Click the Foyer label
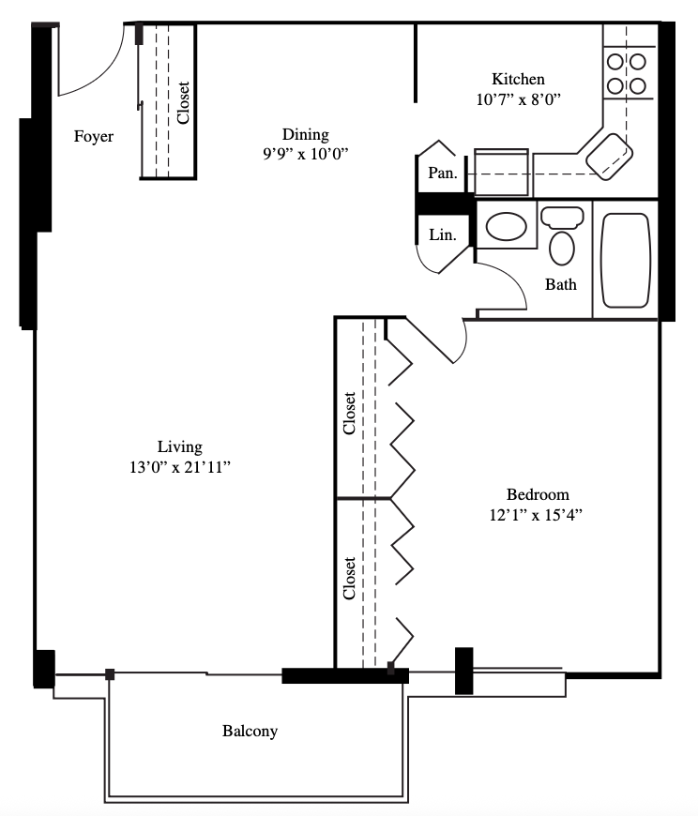click(94, 136)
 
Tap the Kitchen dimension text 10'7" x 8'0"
click(519, 99)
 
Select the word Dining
click(306, 135)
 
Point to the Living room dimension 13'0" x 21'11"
click(179, 467)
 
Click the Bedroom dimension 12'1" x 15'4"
click(536, 515)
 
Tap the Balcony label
click(250, 732)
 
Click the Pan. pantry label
click(443, 173)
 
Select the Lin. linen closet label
click(443, 235)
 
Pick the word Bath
click(561, 284)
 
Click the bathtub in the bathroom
click(626, 260)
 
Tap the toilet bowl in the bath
click(562, 249)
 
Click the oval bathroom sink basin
click(506, 226)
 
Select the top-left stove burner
click(615, 62)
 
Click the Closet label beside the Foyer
click(183, 102)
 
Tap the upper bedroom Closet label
click(349, 414)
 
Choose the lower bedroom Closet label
click(349, 578)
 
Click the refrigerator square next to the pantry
click(501, 173)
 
